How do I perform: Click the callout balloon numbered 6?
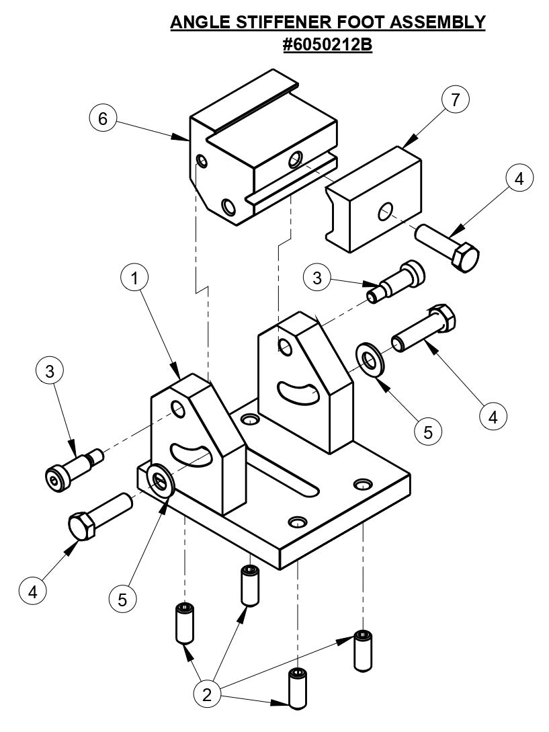102,119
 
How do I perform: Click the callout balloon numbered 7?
455,101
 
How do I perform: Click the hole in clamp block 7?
386,212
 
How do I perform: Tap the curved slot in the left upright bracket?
192,452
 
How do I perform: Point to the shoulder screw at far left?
73,469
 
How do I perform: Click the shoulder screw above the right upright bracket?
398,280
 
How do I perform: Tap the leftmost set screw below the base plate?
184,623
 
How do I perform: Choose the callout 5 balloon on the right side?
427,430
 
